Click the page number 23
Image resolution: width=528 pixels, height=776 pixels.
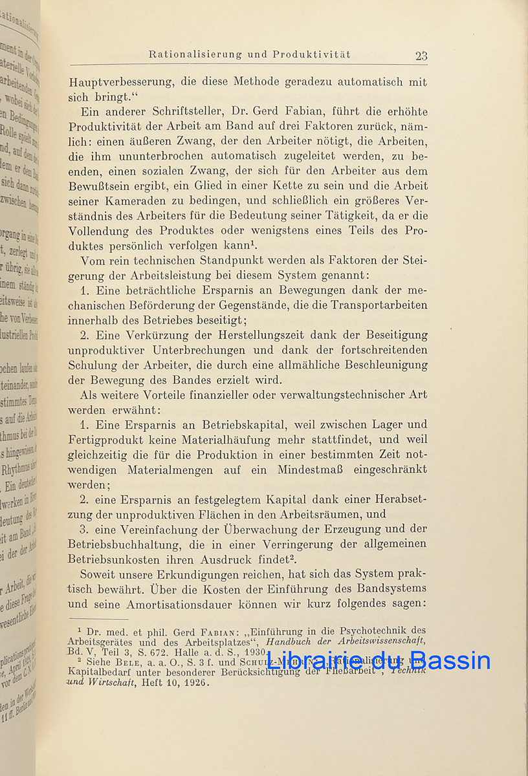click(421, 56)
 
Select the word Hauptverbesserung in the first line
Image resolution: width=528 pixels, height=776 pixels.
click(121, 83)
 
